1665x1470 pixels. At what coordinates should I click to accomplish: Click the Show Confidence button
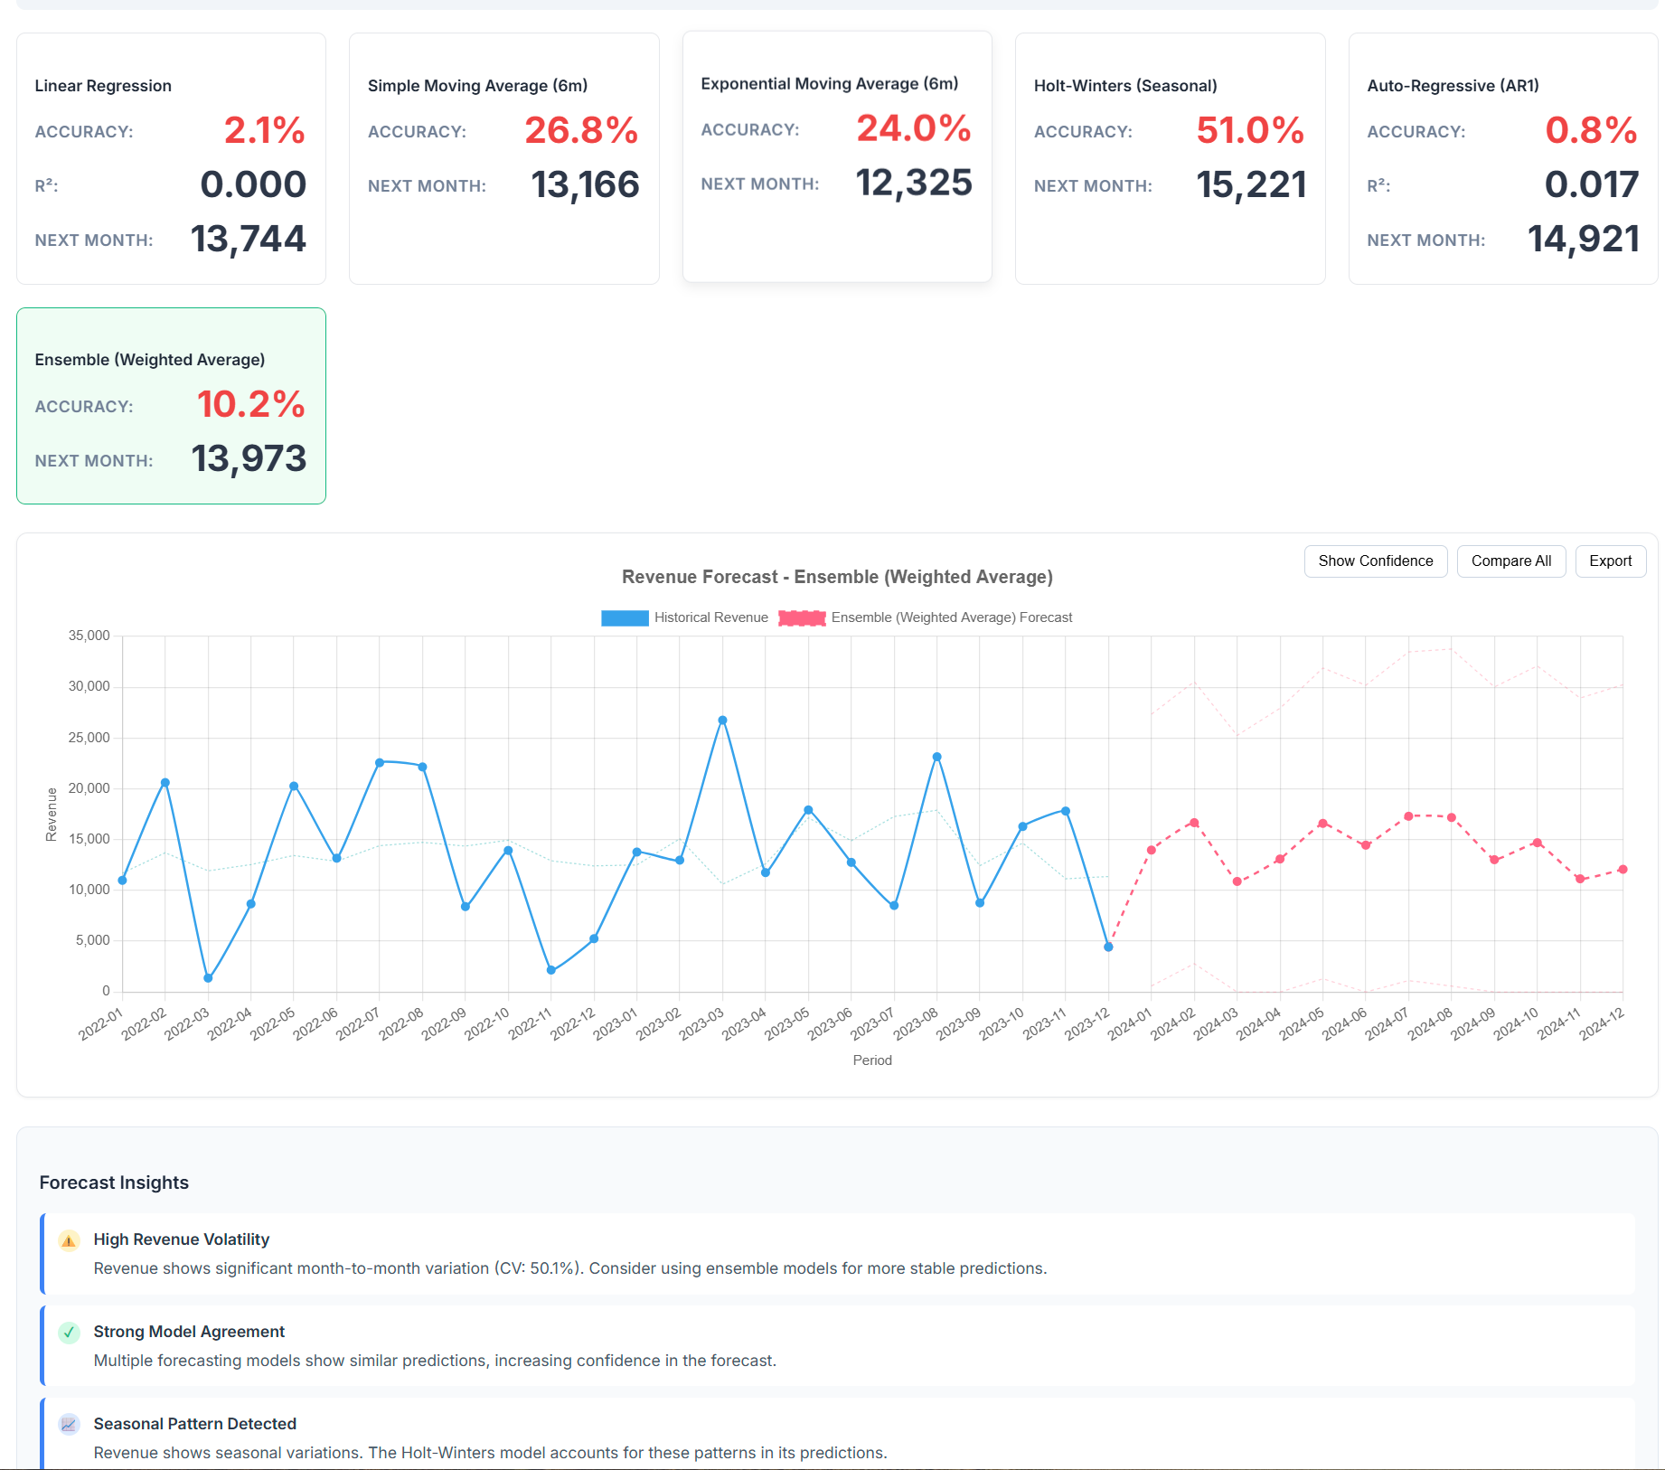coord(1375,561)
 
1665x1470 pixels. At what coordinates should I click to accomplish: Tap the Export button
coord(1610,561)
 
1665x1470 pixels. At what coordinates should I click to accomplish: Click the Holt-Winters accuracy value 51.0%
coord(1249,130)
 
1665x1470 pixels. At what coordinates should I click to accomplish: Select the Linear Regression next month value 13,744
coord(248,239)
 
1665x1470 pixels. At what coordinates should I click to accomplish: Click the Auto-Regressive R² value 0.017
coord(1591,184)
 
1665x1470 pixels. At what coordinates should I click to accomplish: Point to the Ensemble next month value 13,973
coord(249,458)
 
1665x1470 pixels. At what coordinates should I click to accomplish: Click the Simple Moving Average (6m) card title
coord(477,86)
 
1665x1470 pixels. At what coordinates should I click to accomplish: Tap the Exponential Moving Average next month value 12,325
coord(913,183)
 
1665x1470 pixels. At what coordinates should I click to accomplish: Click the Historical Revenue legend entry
coord(684,617)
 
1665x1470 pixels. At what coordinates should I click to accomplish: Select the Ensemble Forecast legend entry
coord(926,617)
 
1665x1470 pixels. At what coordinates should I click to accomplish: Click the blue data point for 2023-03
coord(722,721)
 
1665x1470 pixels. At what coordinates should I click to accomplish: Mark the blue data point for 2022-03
coord(208,978)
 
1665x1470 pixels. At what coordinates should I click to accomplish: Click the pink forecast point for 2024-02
coord(1194,823)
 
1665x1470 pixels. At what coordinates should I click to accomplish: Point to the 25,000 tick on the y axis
coord(89,738)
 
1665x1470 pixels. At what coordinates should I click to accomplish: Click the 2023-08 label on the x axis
coord(917,1024)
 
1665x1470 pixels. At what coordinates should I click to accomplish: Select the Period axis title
coord(871,1060)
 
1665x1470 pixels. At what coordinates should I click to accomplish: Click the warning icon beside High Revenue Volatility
coord(69,1240)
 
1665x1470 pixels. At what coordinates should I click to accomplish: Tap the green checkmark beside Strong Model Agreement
coord(69,1333)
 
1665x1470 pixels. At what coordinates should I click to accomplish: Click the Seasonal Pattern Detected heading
coord(194,1424)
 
